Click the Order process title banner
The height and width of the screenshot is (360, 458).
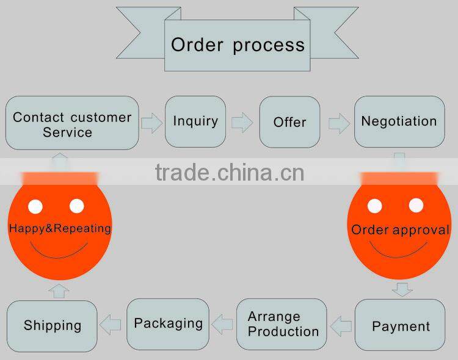(238, 45)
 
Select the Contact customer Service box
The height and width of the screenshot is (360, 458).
(72, 123)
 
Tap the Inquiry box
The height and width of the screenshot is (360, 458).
(195, 121)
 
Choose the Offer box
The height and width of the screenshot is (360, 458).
(289, 122)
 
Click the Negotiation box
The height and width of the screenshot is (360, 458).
(399, 121)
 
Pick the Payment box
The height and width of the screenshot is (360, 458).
(401, 325)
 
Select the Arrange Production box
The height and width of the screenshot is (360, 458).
(283, 324)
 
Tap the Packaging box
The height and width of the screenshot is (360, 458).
(168, 323)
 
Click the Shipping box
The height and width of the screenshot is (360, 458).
(53, 325)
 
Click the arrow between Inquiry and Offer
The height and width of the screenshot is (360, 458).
(242, 122)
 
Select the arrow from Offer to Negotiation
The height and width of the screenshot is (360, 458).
(339, 124)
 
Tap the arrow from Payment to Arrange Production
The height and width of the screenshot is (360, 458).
(341, 325)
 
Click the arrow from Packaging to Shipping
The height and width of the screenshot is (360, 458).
(112, 325)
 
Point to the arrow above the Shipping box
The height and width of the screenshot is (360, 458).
(59, 290)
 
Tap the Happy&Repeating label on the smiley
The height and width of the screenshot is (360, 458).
(60, 229)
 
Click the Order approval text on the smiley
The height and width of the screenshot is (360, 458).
(400, 230)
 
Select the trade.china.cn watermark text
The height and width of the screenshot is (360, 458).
(230, 173)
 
